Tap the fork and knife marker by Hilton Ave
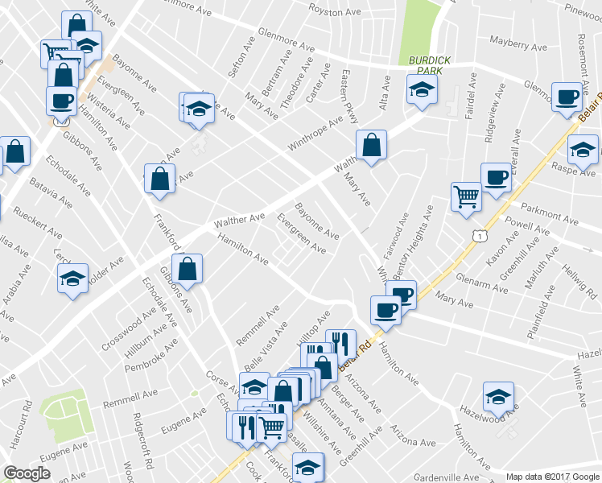(x=340, y=344)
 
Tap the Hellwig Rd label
(x=579, y=279)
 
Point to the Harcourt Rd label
(x=20, y=432)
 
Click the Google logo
(x=27, y=473)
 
